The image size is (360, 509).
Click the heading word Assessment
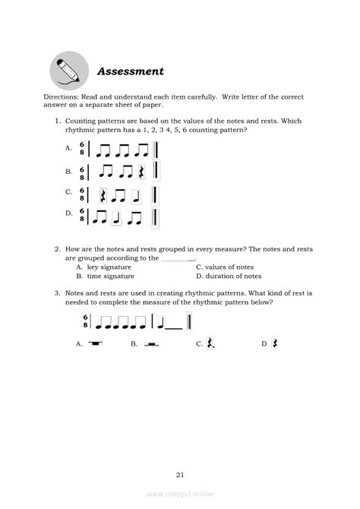[131, 71]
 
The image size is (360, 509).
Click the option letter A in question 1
[69, 149]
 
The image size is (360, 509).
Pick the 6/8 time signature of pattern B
[81, 172]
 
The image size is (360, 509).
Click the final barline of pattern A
[156, 149]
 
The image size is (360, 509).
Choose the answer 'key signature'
[109, 267]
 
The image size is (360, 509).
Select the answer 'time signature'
[111, 277]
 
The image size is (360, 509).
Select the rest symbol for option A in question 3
[95, 343]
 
